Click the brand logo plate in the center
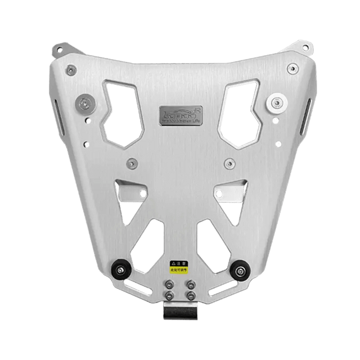179,112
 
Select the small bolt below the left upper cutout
131,164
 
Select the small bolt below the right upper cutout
228,164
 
